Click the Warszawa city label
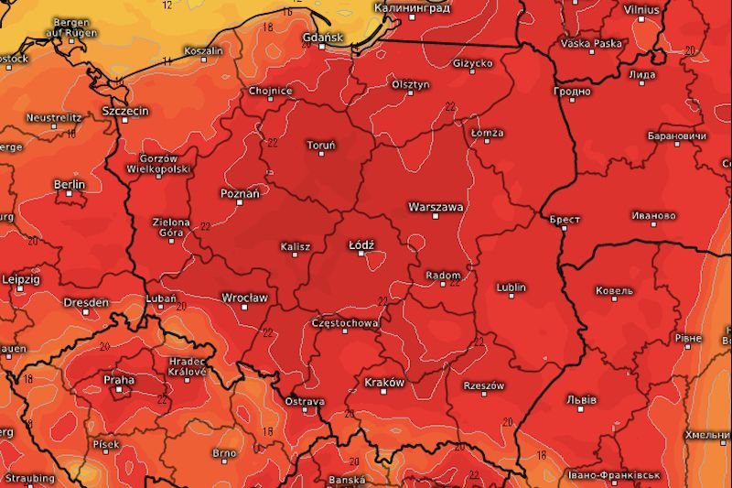[436, 208]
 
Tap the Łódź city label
[362, 244]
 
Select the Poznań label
[241, 193]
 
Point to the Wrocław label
[244, 298]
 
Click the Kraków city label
[384, 382]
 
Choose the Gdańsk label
[321, 38]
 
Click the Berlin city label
[70, 184]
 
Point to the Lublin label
[511, 287]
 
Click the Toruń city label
[321, 145]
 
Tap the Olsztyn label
[409, 84]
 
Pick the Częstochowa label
[346, 323]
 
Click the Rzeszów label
[484, 385]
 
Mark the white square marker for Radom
[444, 283]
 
